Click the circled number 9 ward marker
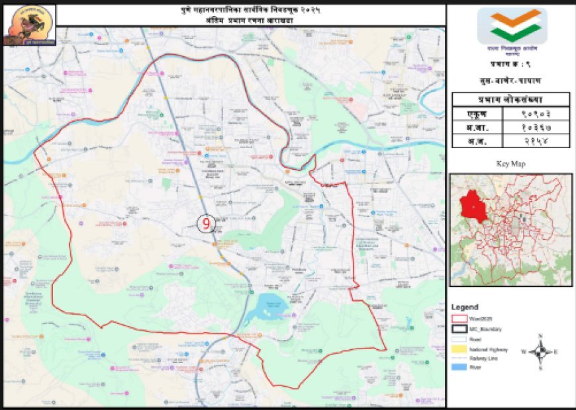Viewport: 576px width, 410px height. click(x=206, y=224)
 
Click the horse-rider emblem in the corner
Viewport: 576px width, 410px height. click(x=29, y=24)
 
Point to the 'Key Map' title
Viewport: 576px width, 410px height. click(x=510, y=163)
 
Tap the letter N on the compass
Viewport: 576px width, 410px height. click(x=540, y=336)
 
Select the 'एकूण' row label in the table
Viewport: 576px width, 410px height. click(x=475, y=113)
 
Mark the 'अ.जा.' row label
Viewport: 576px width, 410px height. click(x=475, y=127)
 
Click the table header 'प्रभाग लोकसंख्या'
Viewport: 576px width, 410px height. click(x=510, y=99)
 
